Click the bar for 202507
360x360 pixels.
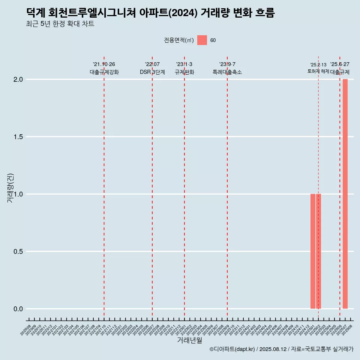tap(345, 194)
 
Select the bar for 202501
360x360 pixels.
tap(313, 251)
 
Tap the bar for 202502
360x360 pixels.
tap(318, 251)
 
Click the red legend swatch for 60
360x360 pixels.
tap(202, 40)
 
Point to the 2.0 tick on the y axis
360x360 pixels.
tap(19, 79)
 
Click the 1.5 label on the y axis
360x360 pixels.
tap(19, 137)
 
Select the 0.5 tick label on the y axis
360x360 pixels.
tap(19, 252)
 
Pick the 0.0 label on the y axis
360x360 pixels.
tap(19, 309)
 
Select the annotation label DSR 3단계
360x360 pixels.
tap(152, 72)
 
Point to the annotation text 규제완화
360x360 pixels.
tap(184, 72)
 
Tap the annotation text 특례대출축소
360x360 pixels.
tap(227, 72)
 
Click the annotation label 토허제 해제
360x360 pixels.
tap(318, 71)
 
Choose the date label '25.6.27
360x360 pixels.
tap(340, 64)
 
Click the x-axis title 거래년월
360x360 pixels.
tap(189, 340)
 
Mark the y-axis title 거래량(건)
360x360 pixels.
tap(10, 188)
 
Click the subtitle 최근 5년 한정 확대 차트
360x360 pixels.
tap(60, 24)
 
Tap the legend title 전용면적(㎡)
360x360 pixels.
tap(179, 40)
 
